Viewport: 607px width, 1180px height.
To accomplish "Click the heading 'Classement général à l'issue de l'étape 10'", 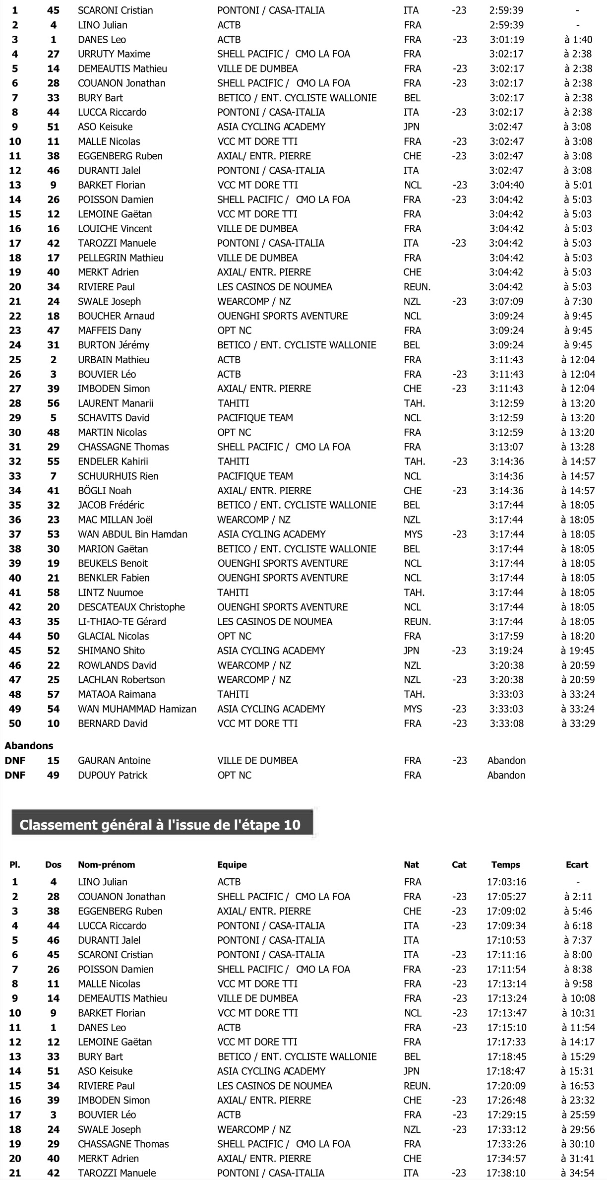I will [160, 825].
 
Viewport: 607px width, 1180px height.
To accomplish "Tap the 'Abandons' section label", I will [29, 745].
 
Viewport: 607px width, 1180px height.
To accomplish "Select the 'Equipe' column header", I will [232, 864].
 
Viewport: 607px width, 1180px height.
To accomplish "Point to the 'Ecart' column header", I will [577, 864].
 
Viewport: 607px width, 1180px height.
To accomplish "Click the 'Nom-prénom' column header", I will [106, 864].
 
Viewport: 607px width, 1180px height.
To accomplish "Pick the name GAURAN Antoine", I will [114, 760].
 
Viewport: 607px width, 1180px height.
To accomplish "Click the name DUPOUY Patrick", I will [113, 775].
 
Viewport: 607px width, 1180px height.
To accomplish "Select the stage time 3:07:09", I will [507, 301].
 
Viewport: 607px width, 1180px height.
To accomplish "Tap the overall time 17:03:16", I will [506, 882].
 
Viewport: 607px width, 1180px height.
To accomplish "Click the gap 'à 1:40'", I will [578, 39].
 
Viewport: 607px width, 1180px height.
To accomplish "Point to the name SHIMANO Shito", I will [112, 651].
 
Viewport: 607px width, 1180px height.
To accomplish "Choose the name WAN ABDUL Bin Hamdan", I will [132, 534].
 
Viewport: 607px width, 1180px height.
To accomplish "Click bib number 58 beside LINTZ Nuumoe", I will [53, 592].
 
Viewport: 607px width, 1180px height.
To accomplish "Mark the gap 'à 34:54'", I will [578, 1173].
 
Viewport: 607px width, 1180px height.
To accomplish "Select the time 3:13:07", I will [507, 447].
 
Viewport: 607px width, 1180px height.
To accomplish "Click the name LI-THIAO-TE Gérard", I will [122, 621].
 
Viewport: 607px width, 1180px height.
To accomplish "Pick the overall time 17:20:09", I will [506, 1086].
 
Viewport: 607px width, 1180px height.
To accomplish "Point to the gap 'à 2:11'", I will [578, 897].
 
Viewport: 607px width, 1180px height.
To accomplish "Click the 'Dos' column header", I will [53, 864].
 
